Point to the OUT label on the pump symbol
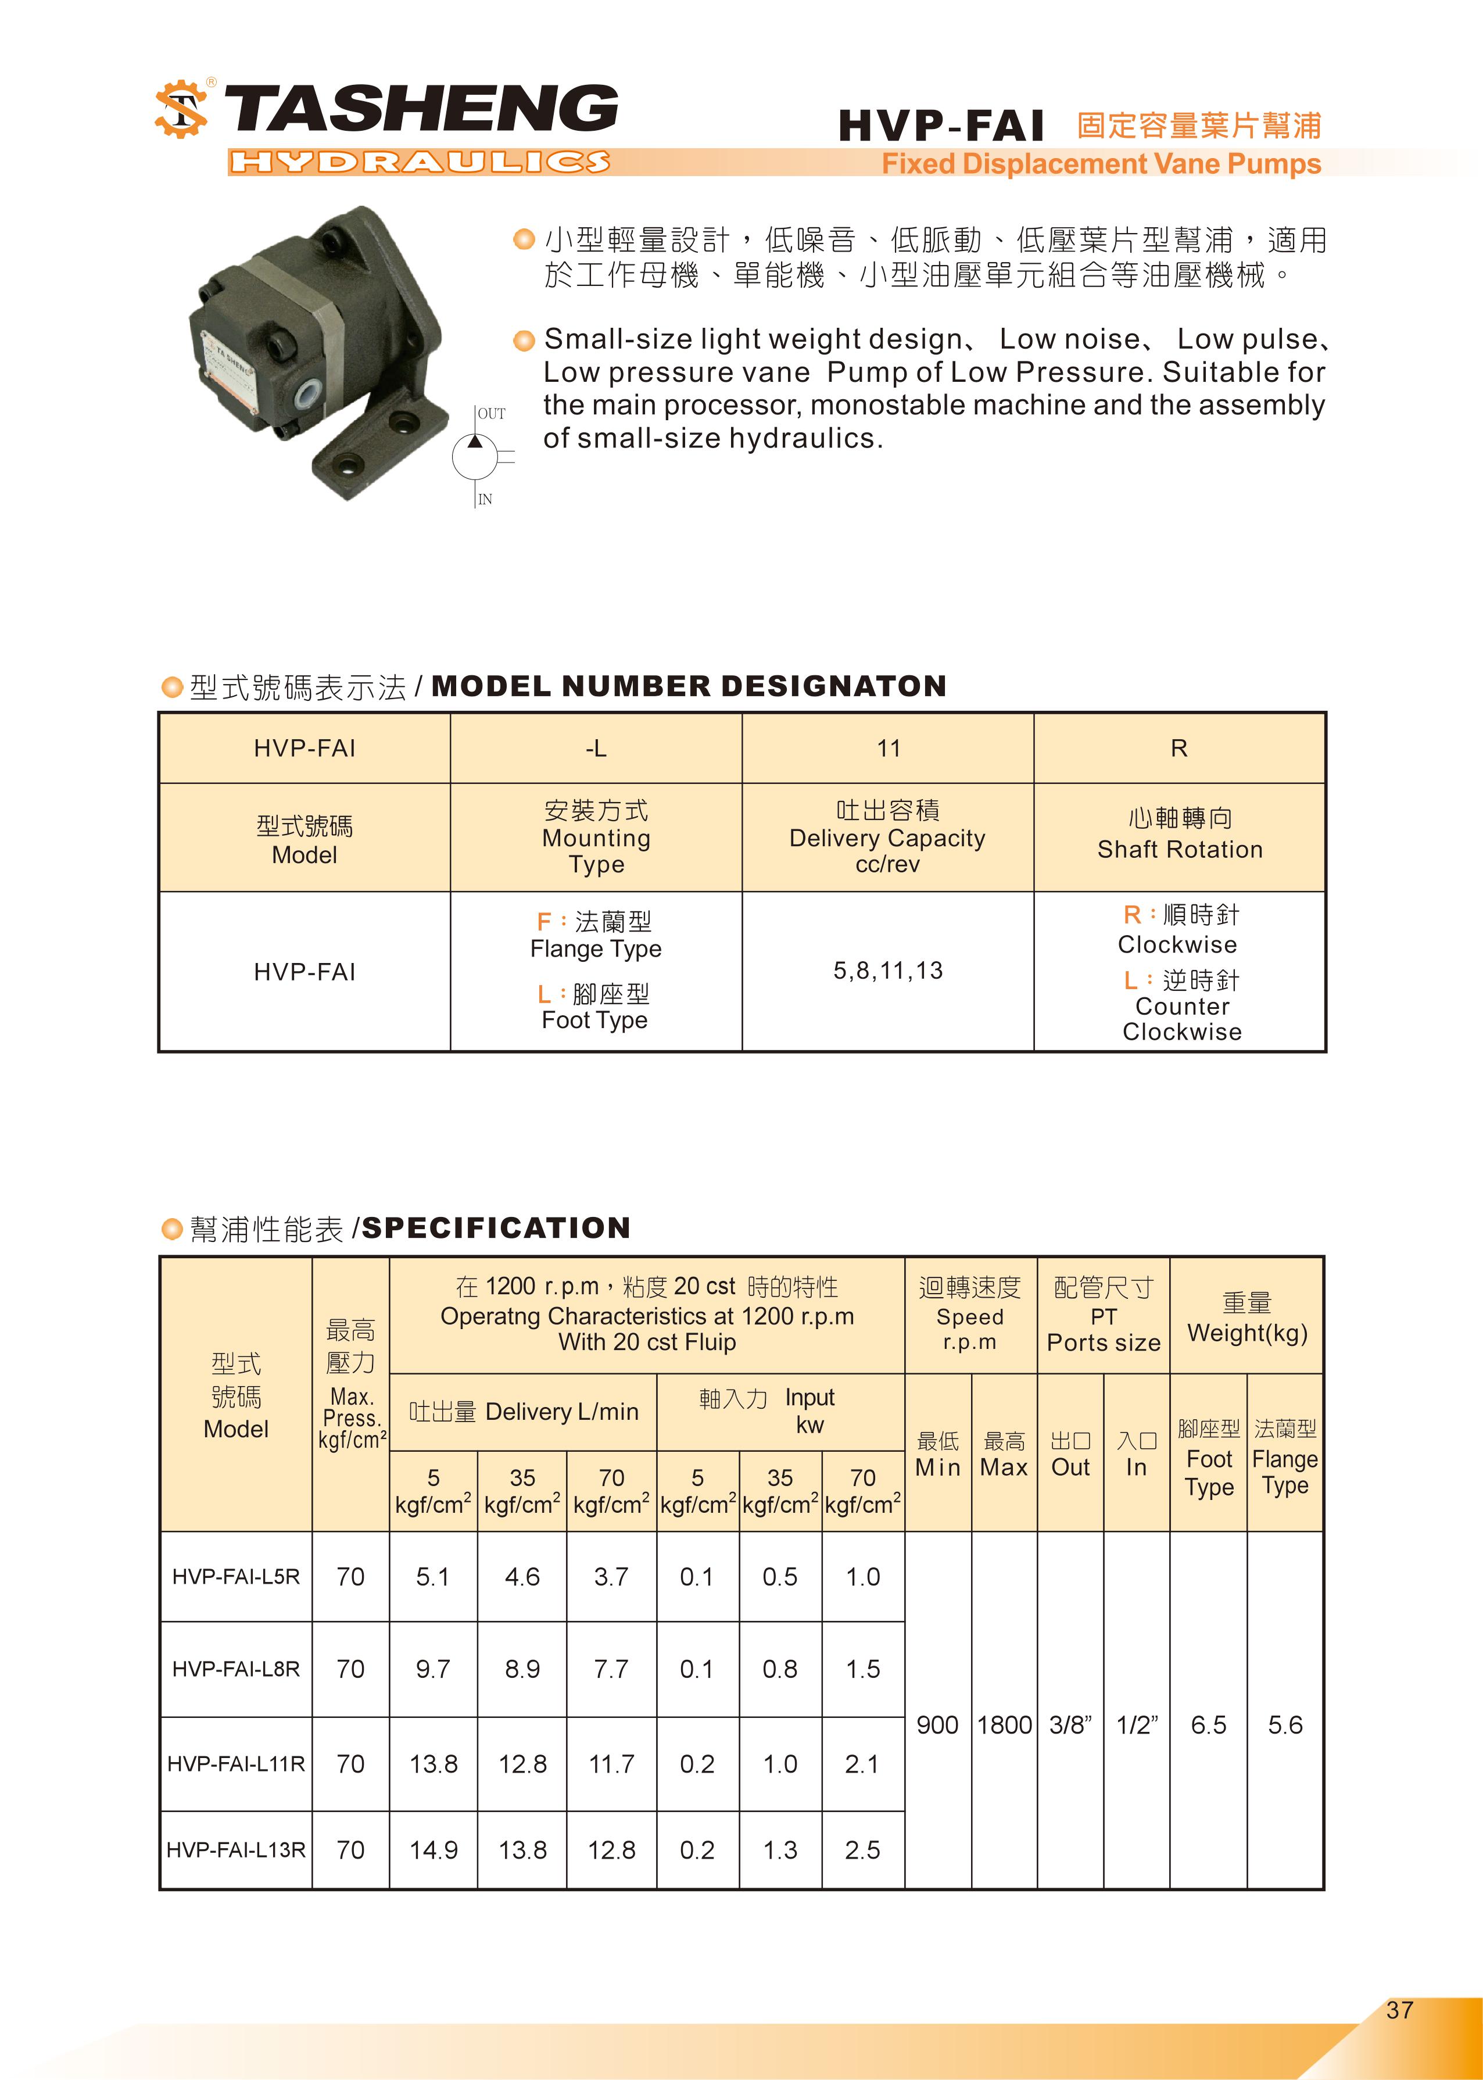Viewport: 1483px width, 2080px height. click(x=491, y=414)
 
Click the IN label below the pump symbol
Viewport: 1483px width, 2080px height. click(x=485, y=499)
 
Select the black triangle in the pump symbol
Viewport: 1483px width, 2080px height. click(x=475, y=442)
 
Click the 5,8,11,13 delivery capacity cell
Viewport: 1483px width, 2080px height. click(x=887, y=971)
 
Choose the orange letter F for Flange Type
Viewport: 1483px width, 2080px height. click(x=543, y=922)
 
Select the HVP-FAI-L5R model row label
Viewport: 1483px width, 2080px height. click(x=235, y=1577)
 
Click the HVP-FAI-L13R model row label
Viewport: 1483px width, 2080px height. click(x=235, y=1850)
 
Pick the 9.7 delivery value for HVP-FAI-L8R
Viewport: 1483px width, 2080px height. click(x=433, y=1669)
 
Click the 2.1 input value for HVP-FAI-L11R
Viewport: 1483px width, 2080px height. click(x=862, y=1764)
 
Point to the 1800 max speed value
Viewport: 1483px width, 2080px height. click(x=1005, y=1725)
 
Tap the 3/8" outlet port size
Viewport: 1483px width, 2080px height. click(x=1070, y=1725)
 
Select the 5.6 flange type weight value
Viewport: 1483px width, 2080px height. click(x=1285, y=1725)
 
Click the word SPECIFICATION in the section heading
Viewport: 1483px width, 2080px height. click(x=496, y=1228)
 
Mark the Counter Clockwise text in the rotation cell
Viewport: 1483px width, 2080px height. click(x=1181, y=1019)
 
